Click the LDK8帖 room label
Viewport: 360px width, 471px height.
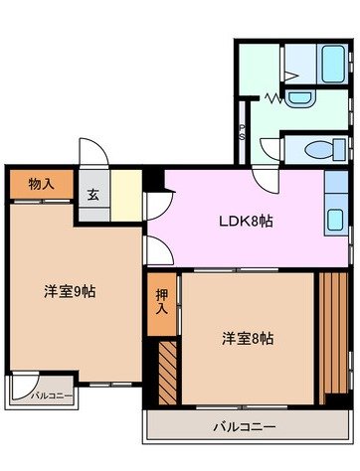(245, 221)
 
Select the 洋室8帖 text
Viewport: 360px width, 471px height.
(248, 338)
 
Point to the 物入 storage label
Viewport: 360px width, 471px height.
(41, 185)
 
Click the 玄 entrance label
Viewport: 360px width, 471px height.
(92, 195)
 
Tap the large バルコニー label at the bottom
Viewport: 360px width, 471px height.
(244, 427)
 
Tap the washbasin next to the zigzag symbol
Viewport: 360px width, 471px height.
(298, 98)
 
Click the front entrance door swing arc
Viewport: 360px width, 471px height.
(92, 152)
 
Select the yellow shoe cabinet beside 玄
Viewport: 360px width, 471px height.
(125, 195)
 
